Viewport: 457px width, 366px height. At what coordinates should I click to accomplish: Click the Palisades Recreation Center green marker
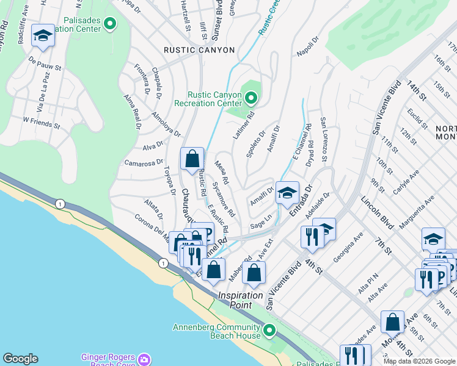coord(110,24)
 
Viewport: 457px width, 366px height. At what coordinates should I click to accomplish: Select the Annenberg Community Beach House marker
coord(269,331)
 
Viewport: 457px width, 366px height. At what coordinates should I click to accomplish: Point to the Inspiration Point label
coord(241,300)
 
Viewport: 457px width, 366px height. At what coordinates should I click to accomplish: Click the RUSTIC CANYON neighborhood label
coord(199,50)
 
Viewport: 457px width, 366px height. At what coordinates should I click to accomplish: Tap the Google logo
coord(21,359)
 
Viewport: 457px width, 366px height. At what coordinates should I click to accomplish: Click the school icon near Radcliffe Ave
coord(43,37)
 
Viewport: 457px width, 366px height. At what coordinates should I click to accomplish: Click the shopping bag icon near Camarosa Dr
coord(192,159)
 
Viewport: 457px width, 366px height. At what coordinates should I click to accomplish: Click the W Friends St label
coord(41,123)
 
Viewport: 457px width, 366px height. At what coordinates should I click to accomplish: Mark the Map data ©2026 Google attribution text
coord(419,361)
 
